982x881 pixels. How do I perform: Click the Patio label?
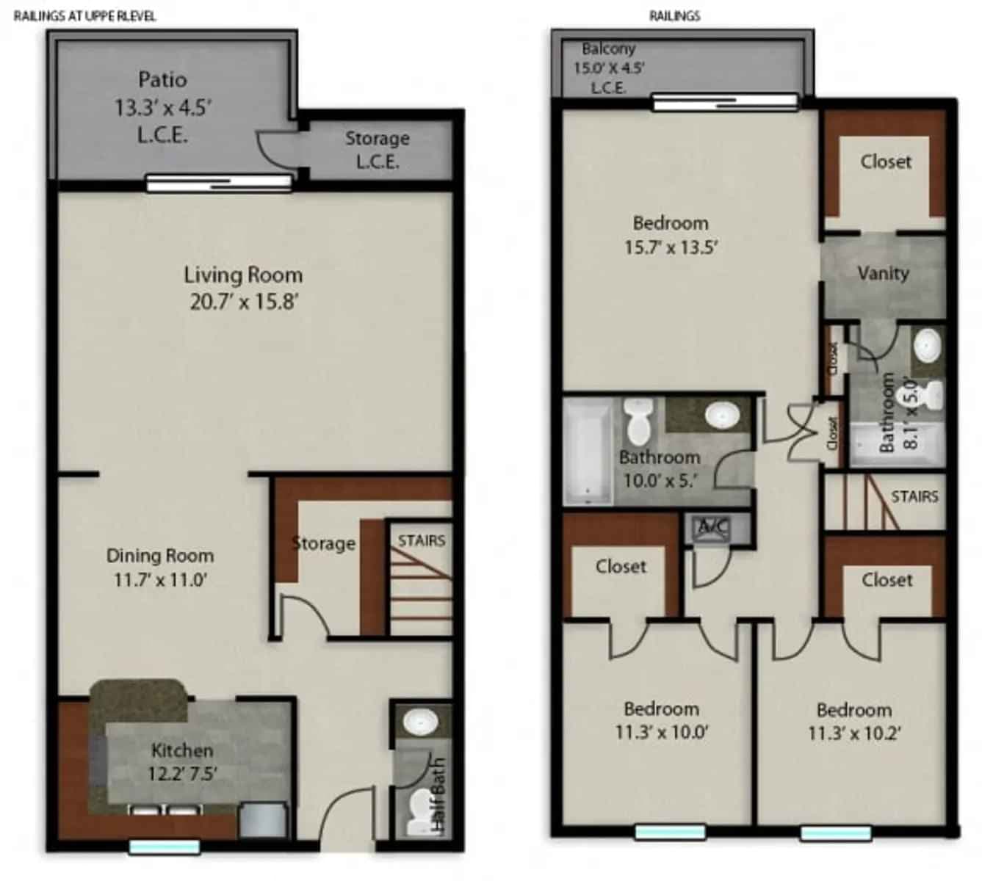point(162,79)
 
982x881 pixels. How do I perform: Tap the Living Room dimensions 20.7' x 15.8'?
point(243,302)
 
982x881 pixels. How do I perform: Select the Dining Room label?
point(160,556)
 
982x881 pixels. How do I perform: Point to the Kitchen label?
point(182,750)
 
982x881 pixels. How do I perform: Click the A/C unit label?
point(712,526)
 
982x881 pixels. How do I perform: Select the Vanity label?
point(883,273)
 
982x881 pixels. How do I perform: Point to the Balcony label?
point(608,49)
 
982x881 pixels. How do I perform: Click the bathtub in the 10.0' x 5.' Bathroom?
point(588,452)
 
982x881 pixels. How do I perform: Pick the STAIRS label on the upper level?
point(914,497)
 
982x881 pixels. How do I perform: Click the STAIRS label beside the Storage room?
point(422,541)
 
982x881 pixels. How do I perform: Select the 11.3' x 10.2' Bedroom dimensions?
point(854,733)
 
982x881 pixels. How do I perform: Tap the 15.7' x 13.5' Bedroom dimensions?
point(671,247)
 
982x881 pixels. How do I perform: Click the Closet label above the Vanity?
point(886,162)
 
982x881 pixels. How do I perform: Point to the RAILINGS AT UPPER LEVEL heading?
point(85,16)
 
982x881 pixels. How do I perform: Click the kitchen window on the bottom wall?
point(165,847)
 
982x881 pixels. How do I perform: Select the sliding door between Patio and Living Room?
point(219,182)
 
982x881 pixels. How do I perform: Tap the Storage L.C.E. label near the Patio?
point(378,149)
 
